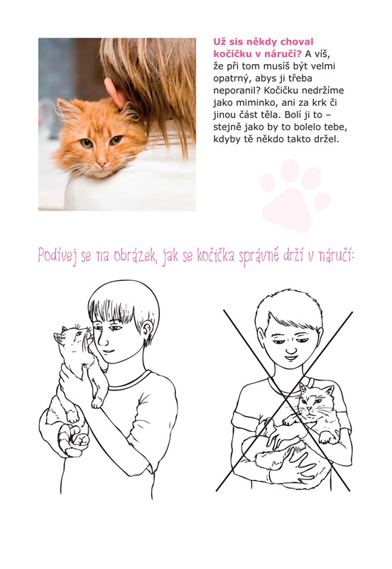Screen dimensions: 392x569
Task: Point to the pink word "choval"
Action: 297,42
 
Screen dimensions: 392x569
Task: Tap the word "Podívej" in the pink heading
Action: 57,256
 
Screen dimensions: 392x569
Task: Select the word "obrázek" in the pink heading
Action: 135,256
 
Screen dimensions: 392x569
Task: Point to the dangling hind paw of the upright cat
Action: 97,402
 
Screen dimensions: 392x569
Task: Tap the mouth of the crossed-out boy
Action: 290,358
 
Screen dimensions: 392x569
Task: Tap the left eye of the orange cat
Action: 87,144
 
